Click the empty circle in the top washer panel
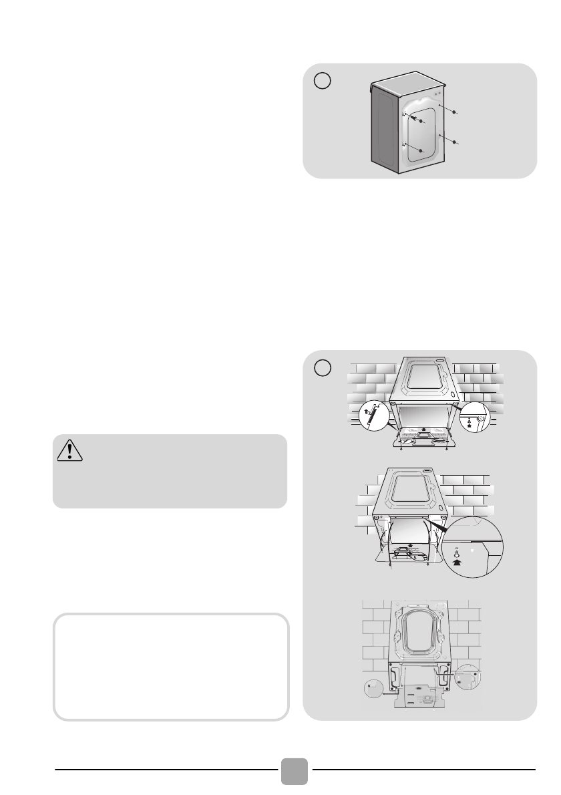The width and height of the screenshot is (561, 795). (x=323, y=82)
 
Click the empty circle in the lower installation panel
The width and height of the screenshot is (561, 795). (x=323, y=367)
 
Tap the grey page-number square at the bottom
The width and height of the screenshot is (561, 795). (x=294, y=772)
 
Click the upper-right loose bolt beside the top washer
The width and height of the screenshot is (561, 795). (x=454, y=113)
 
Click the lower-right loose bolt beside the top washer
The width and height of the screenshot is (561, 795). (x=454, y=143)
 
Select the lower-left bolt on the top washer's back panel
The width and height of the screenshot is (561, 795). (x=421, y=152)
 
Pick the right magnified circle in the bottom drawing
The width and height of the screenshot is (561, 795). (x=467, y=677)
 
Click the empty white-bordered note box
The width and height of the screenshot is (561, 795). (x=171, y=667)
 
